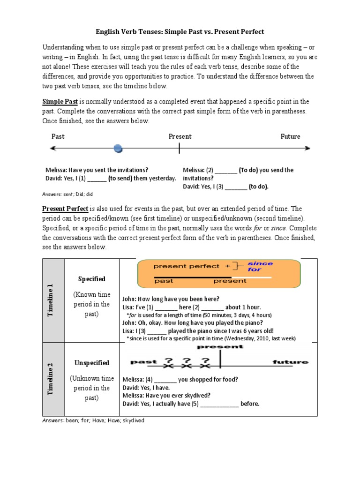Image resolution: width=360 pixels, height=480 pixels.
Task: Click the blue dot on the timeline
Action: [x=119, y=149]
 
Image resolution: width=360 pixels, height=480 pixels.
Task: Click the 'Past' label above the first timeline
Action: [x=58, y=136]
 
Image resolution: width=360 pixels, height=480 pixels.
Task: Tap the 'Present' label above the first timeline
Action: [x=180, y=136]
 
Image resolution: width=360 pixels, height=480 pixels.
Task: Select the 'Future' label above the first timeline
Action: [x=290, y=136]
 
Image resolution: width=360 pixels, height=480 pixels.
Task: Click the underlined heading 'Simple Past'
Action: [x=60, y=102]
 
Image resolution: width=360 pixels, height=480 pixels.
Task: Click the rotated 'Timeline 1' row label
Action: [x=53, y=300]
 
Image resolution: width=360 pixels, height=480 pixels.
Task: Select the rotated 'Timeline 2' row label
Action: [x=53, y=379]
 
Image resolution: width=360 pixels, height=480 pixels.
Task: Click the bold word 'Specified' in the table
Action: [x=92, y=279]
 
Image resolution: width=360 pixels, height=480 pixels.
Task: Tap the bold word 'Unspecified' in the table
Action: [x=92, y=363]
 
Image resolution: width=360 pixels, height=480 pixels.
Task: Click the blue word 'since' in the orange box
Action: [x=260, y=264]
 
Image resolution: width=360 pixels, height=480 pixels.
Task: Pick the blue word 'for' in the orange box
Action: [x=255, y=270]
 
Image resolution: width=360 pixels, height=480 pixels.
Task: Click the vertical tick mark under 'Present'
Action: [x=179, y=149]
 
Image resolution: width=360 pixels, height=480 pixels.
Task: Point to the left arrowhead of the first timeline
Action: [x=52, y=149]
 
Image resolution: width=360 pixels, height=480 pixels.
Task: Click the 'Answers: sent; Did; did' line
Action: [x=68, y=194]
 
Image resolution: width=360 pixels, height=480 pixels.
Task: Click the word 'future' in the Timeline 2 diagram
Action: [x=290, y=362]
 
